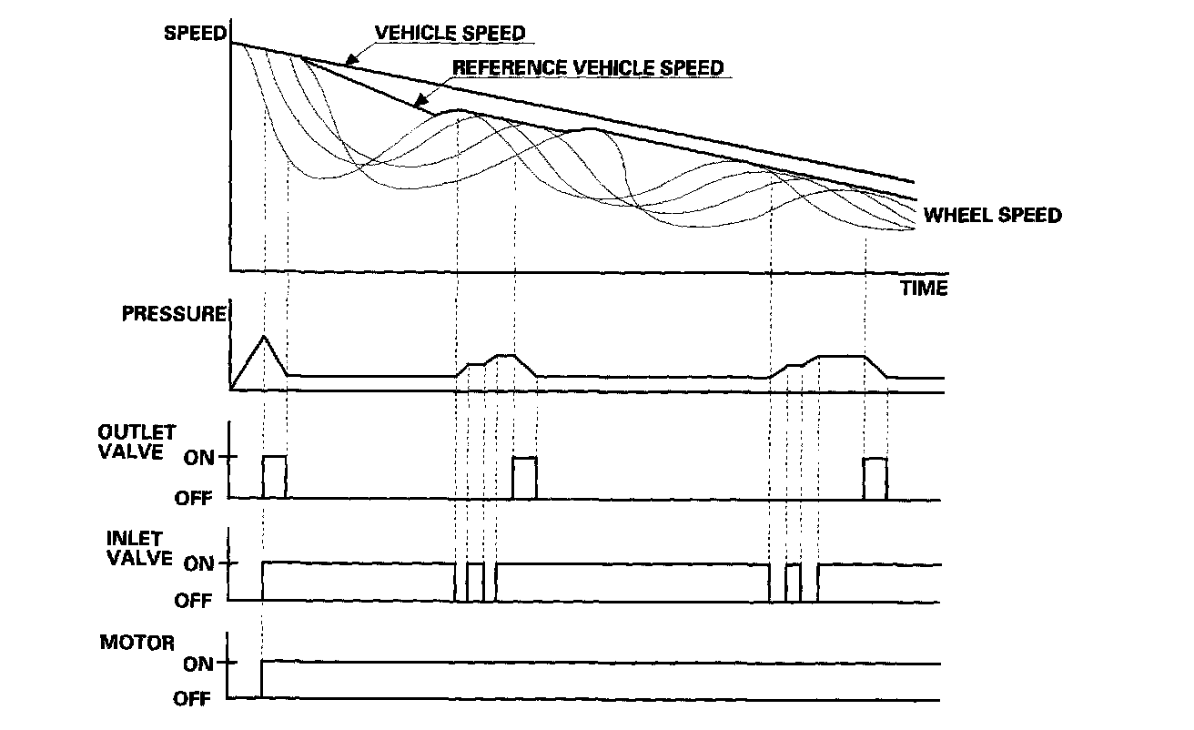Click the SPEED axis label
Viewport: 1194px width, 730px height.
pyautogui.click(x=193, y=33)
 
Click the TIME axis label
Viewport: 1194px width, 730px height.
pyautogui.click(x=924, y=289)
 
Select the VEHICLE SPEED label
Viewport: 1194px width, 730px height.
pyautogui.click(x=450, y=34)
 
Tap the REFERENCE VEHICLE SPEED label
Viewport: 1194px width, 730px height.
pyautogui.click(x=587, y=67)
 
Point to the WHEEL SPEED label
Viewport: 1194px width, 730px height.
pyautogui.click(x=992, y=216)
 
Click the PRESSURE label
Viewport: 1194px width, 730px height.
pyautogui.click(x=173, y=315)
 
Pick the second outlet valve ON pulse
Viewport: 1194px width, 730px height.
pyautogui.click(x=524, y=477)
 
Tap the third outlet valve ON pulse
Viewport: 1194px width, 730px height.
pyautogui.click(x=875, y=477)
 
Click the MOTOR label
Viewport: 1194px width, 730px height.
pyautogui.click(x=137, y=643)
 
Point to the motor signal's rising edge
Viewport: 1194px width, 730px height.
pyautogui.click(x=261, y=681)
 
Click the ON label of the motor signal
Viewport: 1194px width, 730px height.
pyautogui.click(x=197, y=664)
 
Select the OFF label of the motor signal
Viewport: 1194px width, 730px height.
pyautogui.click(x=193, y=699)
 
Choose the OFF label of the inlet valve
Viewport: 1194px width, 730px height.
pyautogui.click(x=193, y=601)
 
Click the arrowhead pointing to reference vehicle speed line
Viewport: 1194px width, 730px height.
pyautogui.click(x=418, y=104)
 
